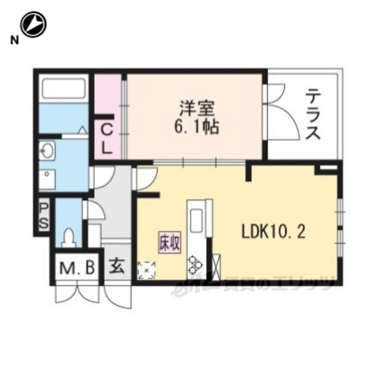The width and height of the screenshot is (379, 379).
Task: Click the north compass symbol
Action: pyautogui.click(x=33, y=25)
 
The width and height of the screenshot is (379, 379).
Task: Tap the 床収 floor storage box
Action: pyautogui.click(x=168, y=242)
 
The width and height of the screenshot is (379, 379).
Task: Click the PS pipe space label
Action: pyautogui.click(x=44, y=216)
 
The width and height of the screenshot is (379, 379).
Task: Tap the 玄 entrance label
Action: pyautogui.click(x=117, y=267)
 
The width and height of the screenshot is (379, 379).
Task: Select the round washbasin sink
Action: pyautogui.click(x=47, y=150)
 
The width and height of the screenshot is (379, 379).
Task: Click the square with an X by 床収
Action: pyautogui.click(x=146, y=269)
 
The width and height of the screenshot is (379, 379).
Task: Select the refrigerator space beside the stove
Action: pyautogui.click(x=216, y=265)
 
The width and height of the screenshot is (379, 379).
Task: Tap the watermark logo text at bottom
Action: pyautogui.click(x=255, y=286)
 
